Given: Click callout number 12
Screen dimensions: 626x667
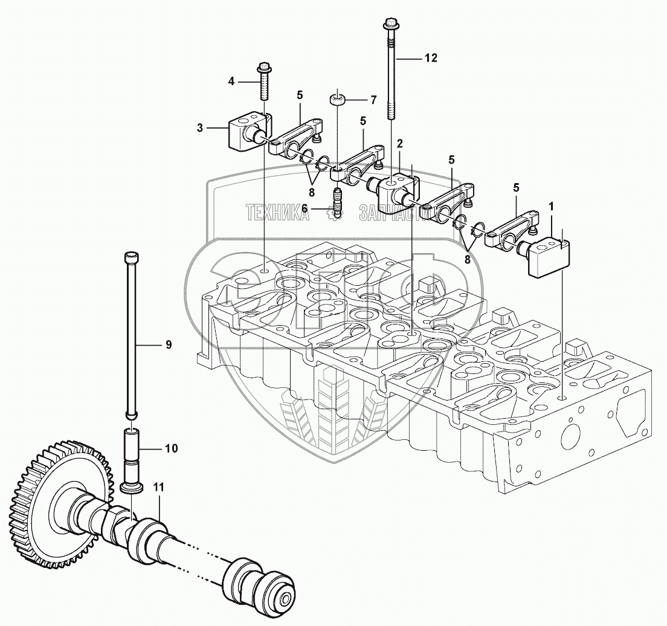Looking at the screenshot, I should point(430,58).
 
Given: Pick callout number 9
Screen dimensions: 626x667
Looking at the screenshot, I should point(169,344).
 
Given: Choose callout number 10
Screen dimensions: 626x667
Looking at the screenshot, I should point(171,448).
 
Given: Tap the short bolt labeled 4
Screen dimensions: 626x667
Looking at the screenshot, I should point(263,82).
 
